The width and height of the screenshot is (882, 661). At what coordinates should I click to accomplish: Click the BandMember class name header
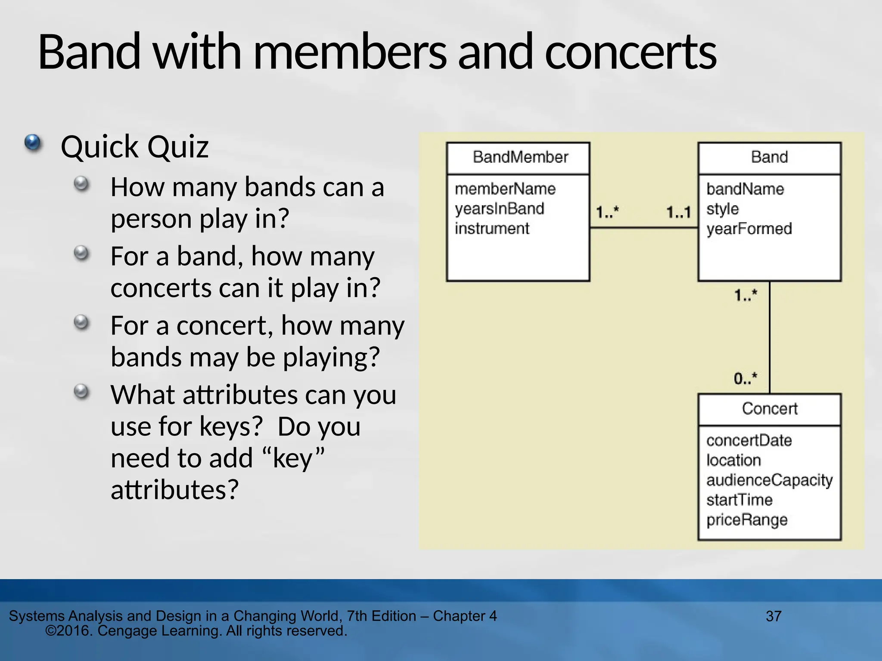pos(520,157)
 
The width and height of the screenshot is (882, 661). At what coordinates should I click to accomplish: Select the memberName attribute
pos(505,189)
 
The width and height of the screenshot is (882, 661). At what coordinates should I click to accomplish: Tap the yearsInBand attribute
pos(499,209)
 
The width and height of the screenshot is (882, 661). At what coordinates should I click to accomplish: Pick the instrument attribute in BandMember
pos(491,229)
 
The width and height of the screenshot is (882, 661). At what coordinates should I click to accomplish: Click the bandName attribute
pos(745,189)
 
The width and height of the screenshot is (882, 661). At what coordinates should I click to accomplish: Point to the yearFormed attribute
pos(748,229)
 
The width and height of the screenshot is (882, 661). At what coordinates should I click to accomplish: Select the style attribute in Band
pos(722,209)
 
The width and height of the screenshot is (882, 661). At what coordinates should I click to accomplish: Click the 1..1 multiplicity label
pos(678,212)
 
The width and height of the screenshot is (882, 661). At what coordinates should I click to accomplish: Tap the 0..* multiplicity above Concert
pos(745,378)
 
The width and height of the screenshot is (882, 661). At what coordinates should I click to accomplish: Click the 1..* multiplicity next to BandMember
pos(607,212)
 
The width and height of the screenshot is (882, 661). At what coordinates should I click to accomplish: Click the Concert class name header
pos(769,408)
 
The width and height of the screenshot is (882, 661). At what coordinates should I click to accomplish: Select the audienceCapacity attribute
pos(769,480)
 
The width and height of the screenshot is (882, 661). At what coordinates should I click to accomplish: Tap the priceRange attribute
pos(746,520)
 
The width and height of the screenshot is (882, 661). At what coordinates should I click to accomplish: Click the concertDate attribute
pos(748,440)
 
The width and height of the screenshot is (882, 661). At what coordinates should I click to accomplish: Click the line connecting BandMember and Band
pos(643,228)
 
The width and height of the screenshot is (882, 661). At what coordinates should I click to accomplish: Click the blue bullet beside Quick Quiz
pos(32,142)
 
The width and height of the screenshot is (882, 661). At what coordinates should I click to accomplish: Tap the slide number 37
pos(773,616)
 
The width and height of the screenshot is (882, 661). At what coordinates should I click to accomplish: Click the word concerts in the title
pos(630,53)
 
